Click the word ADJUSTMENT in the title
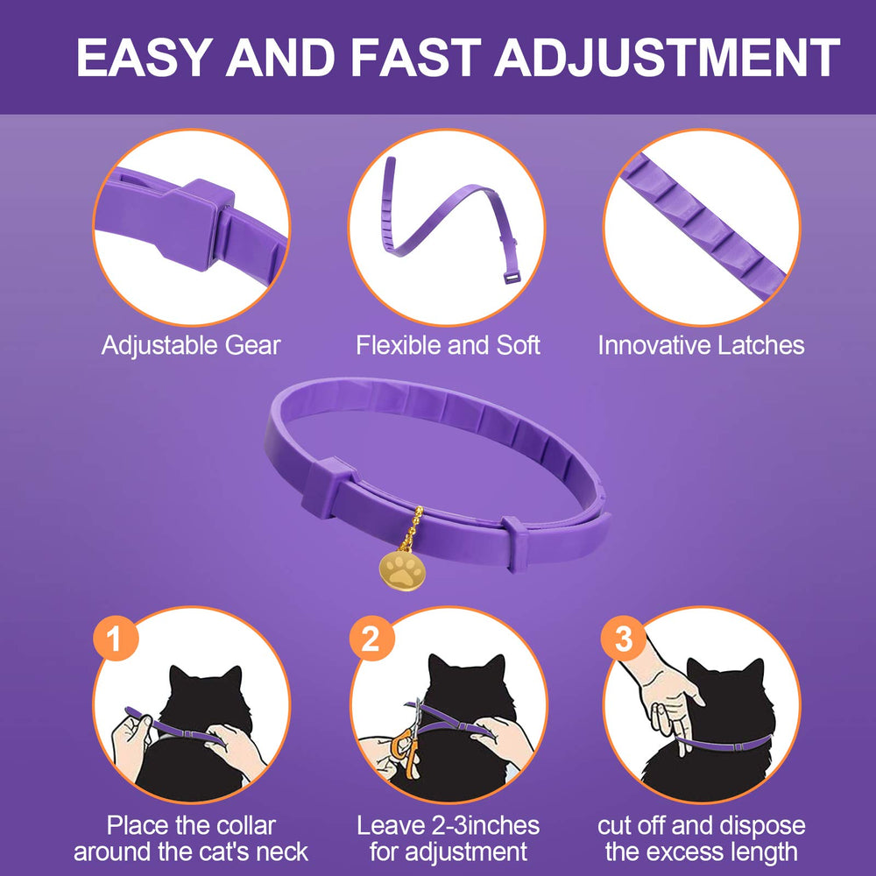(x=668, y=58)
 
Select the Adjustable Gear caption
(x=191, y=345)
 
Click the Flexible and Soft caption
(x=448, y=345)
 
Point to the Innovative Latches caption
(x=701, y=345)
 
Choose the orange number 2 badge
(x=371, y=640)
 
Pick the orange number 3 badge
(x=623, y=639)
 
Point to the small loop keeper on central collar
(x=514, y=542)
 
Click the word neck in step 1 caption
(x=281, y=851)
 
